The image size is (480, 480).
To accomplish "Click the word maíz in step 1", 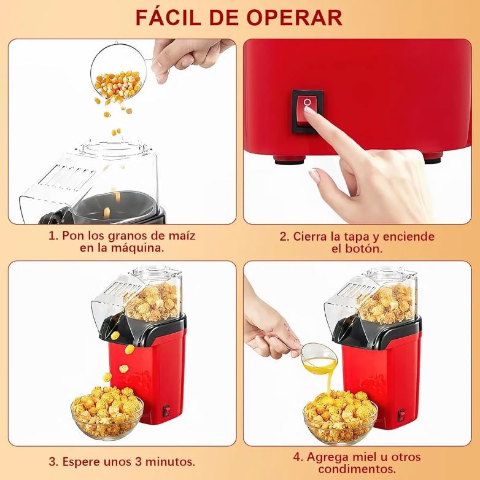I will tap(181, 236).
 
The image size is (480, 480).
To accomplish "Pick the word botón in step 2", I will tap(365, 249).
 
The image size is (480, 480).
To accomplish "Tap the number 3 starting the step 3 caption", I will tap(53, 461).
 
